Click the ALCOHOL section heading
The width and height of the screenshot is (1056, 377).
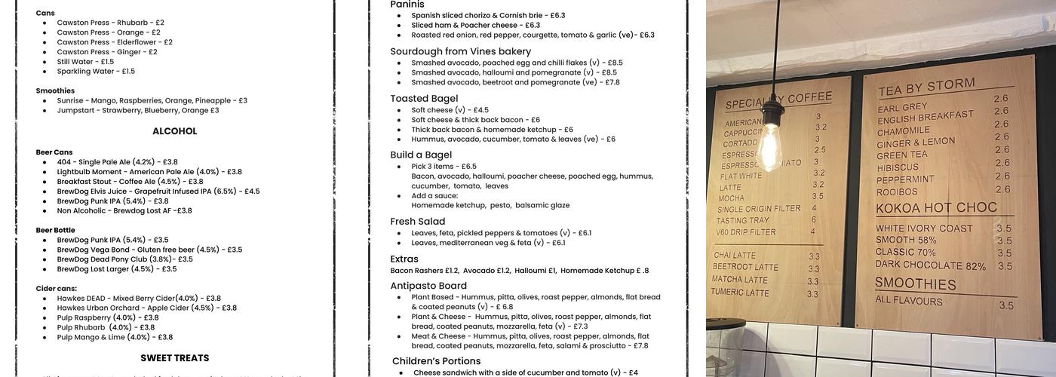click(174, 131)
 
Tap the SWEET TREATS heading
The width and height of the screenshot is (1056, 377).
click(174, 358)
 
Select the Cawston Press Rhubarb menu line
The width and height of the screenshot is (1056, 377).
click(110, 23)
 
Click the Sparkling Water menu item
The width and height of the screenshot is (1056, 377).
click(96, 72)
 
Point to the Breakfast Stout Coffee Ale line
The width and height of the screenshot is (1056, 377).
click(130, 182)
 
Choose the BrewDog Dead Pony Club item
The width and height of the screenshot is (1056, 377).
click(124, 259)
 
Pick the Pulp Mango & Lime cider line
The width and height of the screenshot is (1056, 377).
click(115, 337)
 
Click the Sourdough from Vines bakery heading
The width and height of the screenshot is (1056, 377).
click(460, 51)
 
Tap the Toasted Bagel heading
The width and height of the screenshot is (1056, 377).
click(424, 99)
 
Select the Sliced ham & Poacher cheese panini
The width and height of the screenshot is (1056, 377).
click(475, 25)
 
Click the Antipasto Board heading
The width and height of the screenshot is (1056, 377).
click(428, 286)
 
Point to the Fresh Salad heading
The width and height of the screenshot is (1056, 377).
click(417, 222)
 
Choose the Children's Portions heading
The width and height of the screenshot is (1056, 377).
click(436, 361)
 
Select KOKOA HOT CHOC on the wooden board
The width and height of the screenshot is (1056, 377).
click(936, 208)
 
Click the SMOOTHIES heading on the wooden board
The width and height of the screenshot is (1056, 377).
click(915, 284)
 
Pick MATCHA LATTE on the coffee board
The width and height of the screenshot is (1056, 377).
click(740, 280)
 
